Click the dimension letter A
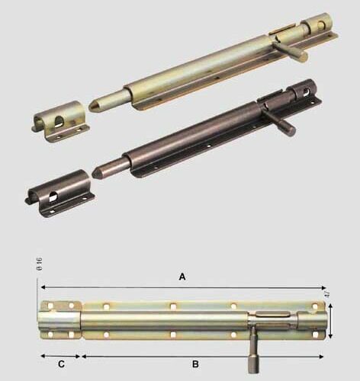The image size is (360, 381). point(182,277)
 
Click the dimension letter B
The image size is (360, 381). point(195,364)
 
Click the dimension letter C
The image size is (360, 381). point(61,364)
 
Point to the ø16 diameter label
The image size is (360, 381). point(39,264)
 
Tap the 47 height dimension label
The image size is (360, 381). point(327,293)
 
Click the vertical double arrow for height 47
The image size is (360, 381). point(330,321)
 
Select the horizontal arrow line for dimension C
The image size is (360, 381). point(60,356)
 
